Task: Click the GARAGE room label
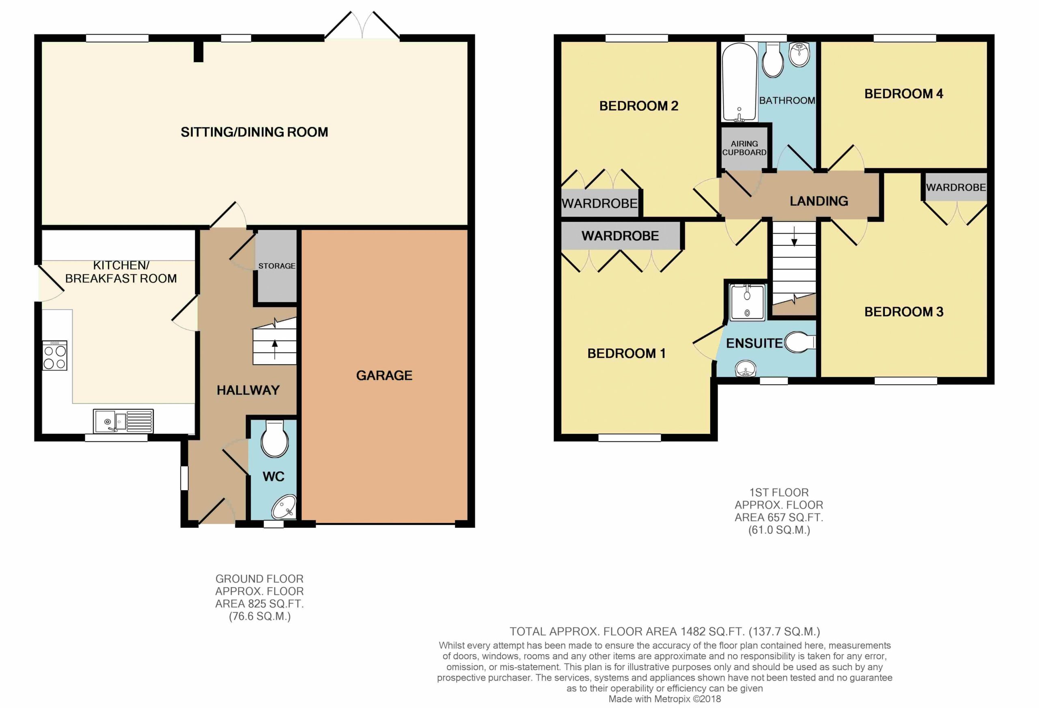(x=384, y=375)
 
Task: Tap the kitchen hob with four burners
(x=54, y=355)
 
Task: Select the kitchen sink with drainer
(x=123, y=421)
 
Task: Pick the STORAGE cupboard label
(x=277, y=266)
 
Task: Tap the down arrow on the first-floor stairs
(x=794, y=237)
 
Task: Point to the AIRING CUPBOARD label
(x=744, y=148)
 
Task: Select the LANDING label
(x=819, y=201)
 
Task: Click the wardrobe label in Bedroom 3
(x=956, y=187)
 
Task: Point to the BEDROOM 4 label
(x=903, y=94)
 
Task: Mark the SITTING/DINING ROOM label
(x=254, y=132)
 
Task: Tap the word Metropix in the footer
(x=672, y=699)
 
